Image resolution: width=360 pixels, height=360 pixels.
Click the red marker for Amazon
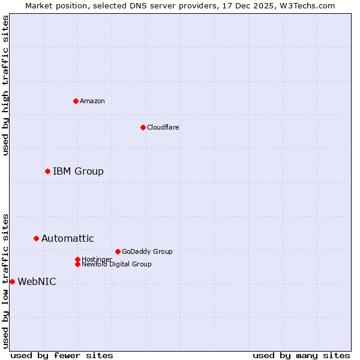point(76,101)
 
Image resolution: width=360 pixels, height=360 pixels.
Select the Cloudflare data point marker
point(143,127)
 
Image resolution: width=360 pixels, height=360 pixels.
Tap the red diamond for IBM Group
point(47,172)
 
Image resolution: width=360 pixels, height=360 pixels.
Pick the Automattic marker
point(36,239)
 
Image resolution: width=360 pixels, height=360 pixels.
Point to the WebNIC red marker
point(12,282)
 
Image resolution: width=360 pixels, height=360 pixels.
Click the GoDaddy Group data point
point(118,252)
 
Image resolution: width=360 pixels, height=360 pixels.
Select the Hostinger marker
point(77,259)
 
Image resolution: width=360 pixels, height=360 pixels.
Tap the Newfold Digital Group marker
point(77,264)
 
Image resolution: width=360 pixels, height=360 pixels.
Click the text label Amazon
point(92,101)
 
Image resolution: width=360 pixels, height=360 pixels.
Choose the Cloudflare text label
point(163,127)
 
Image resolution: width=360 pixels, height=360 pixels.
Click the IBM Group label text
point(78,172)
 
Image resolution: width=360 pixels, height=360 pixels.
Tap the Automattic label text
point(67,239)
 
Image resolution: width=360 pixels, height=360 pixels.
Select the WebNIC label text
point(37,282)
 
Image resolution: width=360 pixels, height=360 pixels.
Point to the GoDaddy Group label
point(147,252)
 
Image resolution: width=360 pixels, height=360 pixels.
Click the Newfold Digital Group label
point(116,265)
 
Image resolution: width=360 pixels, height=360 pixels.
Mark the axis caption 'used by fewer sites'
point(62,355)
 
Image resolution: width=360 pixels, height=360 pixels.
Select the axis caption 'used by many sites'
point(301,355)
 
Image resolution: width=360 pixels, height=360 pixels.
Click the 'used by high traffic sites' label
point(5,85)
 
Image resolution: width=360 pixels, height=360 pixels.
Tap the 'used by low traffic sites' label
point(5,281)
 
